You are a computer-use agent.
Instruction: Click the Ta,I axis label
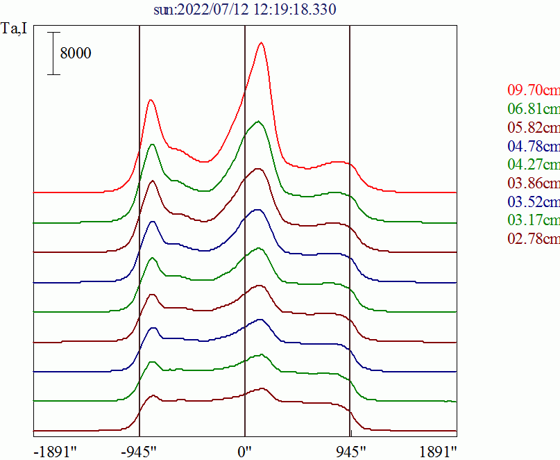coord(15,30)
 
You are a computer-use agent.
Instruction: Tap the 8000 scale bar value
coord(76,53)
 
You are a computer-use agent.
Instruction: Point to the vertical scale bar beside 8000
coord(53,53)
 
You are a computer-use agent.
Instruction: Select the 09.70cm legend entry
coord(533,90)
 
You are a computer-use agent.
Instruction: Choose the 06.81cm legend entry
coord(533,108)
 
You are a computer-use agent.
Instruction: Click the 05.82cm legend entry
coord(533,127)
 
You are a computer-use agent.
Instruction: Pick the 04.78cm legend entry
coord(533,146)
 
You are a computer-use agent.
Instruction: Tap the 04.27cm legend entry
coord(533,165)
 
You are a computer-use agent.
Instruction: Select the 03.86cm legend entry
coord(533,183)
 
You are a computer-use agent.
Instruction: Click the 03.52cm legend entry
coord(533,202)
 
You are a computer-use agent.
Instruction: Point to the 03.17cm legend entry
coord(533,221)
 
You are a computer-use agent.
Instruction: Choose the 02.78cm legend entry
coord(533,240)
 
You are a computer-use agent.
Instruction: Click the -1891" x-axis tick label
coord(55,450)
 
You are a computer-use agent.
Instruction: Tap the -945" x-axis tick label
coord(139,450)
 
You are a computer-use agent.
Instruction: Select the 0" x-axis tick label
coord(246,450)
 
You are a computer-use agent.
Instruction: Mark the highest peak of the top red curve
coord(261,42)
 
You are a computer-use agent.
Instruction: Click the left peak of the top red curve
coord(151,100)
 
